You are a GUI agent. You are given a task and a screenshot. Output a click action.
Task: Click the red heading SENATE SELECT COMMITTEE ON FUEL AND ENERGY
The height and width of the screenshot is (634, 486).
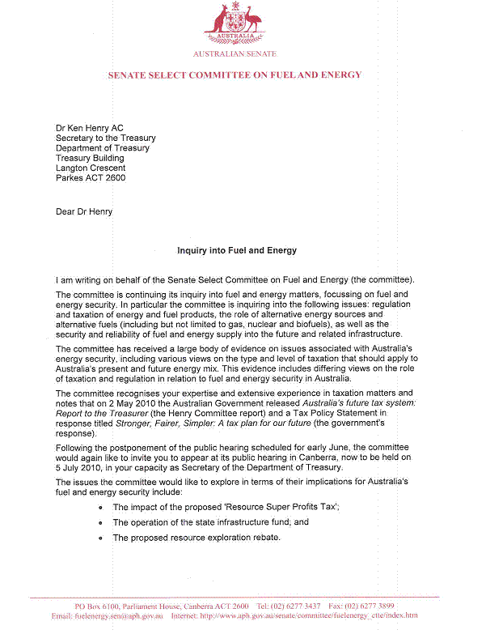[235, 75]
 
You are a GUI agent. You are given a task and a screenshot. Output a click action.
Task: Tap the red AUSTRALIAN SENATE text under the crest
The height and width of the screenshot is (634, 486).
[234, 54]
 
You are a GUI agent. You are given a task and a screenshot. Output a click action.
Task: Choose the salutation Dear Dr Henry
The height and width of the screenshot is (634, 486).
[84, 212]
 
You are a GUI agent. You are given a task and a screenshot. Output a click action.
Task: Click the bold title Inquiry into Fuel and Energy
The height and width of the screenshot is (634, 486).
[226, 251]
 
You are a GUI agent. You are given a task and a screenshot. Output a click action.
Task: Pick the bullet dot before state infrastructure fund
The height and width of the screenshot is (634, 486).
[99, 524]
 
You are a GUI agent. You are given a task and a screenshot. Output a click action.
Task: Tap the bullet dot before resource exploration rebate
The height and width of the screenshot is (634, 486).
[99, 538]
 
